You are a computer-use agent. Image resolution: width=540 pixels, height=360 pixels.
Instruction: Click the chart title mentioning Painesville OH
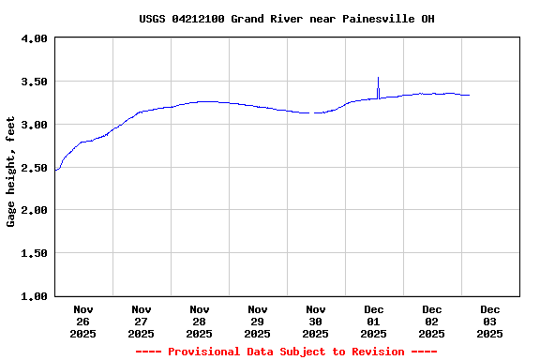coord(286,19)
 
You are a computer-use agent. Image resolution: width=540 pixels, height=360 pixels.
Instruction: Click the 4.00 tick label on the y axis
coord(34,39)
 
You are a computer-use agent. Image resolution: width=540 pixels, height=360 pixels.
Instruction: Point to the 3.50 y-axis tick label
coord(34,82)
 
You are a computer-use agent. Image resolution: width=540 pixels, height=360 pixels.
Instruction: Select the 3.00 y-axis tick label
coord(34,125)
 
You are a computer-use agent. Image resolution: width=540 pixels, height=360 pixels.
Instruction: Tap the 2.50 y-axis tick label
coord(34,168)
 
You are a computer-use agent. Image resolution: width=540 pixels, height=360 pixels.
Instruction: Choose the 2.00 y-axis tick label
coord(34,211)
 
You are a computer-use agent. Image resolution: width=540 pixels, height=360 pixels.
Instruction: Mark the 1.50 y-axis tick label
coord(34,253)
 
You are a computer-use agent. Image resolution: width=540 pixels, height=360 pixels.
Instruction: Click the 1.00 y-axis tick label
coord(34,296)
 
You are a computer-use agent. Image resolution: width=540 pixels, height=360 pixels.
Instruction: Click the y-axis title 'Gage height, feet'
coord(11,172)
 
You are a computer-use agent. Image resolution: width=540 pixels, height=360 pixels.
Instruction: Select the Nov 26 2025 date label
coord(83,321)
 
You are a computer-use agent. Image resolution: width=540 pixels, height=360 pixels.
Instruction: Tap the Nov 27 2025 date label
coord(142,321)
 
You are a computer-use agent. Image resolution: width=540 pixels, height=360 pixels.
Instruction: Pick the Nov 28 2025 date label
coord(200,321)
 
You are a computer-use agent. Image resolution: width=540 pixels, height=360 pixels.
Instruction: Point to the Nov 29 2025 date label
coord(258,321)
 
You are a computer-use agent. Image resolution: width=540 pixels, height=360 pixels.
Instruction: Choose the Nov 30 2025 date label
coord(316,321)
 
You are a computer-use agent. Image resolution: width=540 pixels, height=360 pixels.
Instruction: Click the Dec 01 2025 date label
coord(374,321)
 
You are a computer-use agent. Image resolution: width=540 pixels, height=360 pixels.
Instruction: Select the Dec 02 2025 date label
coord(432,321)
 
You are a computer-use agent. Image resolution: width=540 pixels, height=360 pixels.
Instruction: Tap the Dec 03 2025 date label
coord(490,321)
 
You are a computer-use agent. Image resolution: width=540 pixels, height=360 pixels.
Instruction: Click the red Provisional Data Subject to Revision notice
coord(286,352)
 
